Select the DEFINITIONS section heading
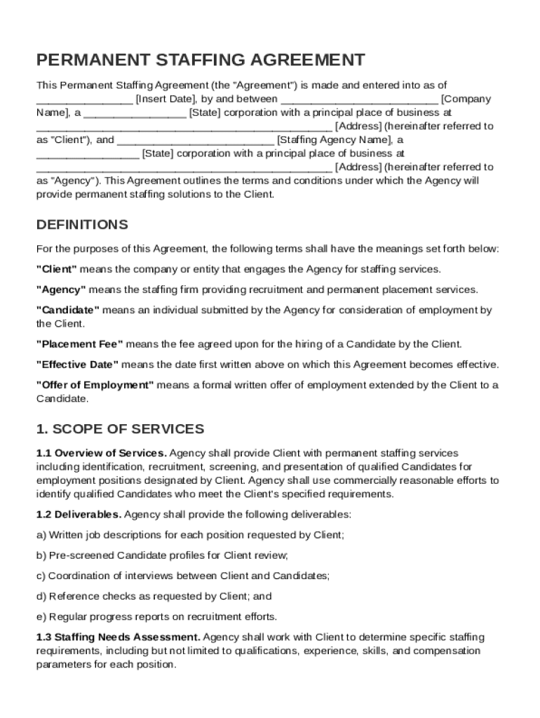click(x=82, y=225)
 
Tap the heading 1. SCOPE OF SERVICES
click(x=120, y=428)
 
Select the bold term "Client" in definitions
click(x=56, y=269)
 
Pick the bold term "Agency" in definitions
click(x=60, y=290)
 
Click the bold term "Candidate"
click(x=68, y=310)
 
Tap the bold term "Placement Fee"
click(x=79, y=344)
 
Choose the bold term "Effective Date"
click(x=77, y=365)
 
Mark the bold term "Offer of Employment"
click(x=95, y=385)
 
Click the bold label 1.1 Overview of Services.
click(x=101, y=453)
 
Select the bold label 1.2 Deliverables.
click(x=79, y=514)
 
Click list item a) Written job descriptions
click(x=190, y=535)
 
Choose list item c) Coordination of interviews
click(x=183, y=576)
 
